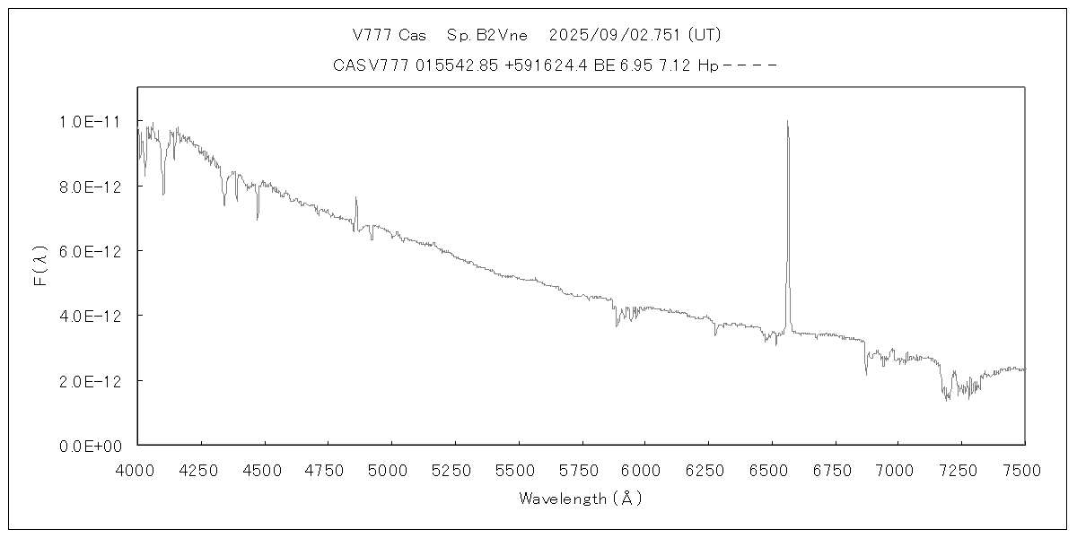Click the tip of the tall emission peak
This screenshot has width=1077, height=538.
click(787, 121)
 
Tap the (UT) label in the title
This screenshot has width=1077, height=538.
click(703, 35)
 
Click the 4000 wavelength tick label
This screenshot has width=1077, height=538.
click(137, 469)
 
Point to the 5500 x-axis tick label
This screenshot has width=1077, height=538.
click(518, 469)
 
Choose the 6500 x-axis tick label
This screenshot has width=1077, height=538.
click(772, 469)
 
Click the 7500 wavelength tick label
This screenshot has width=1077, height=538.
click(1025, 469)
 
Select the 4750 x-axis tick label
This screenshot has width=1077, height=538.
click(328, 469)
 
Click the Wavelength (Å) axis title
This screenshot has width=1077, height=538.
click(581, 499)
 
